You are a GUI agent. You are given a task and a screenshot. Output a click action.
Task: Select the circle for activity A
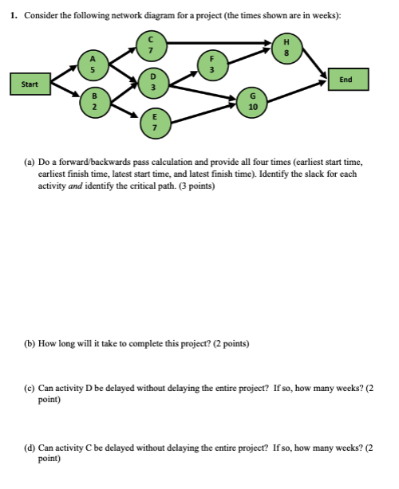coord(93,63)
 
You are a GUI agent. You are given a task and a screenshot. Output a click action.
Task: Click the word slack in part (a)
coord(317,172)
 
